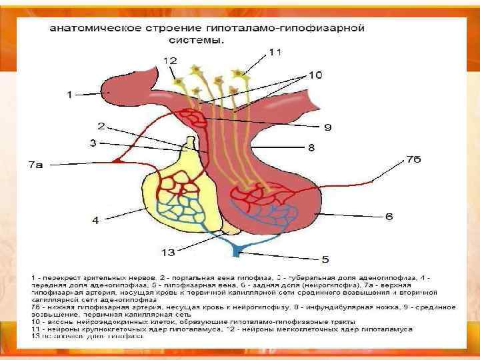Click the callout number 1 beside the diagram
click(69, 95)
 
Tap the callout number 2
click(101, 125)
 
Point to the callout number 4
click(95, 221)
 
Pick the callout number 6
click(389, 217)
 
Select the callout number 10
click(275, 52)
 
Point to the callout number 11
click(171, 61)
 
